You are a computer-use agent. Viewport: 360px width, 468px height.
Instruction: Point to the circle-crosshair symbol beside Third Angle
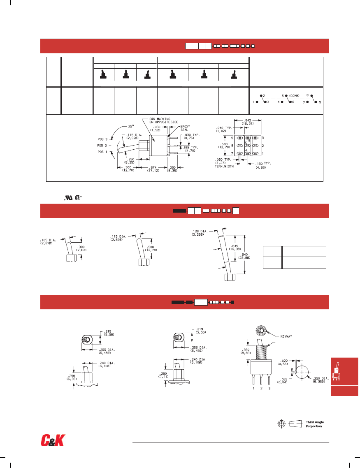282,424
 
